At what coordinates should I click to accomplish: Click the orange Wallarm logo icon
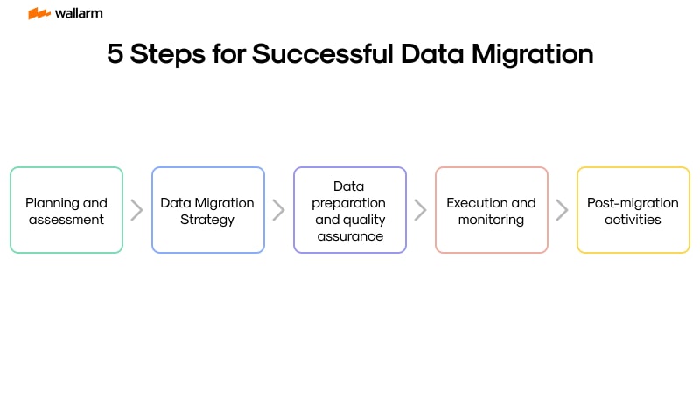click(x=38, y=13)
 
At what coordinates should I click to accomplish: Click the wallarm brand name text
click(x=78, y=13)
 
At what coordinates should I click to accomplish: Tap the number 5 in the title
click(x=115, y=54)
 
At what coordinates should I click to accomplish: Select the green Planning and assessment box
click(x=66, y=210)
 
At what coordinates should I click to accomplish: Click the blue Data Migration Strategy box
click(x=208, y=210)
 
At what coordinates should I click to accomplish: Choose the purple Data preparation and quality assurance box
click(x=350, y=210)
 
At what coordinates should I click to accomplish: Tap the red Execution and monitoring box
click(x=492, y=210)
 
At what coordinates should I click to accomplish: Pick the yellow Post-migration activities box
click(x=633, y=210)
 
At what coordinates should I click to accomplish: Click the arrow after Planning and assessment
click(x=137, y=210)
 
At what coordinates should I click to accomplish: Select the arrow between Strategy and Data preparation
click(x=279, y=210)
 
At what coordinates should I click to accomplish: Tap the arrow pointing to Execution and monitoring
click(x=421, y=210)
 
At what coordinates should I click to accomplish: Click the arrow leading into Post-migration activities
click(x=563, y=210)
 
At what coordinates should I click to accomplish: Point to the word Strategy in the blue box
click(x=208, y=220)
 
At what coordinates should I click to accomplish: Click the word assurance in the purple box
click(x=350, y=236)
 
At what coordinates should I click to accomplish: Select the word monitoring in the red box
click(x=492, y=220)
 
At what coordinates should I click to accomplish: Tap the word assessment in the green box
click(x=66, y=220)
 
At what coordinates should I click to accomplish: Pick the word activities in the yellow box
click(x=633, y=220)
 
